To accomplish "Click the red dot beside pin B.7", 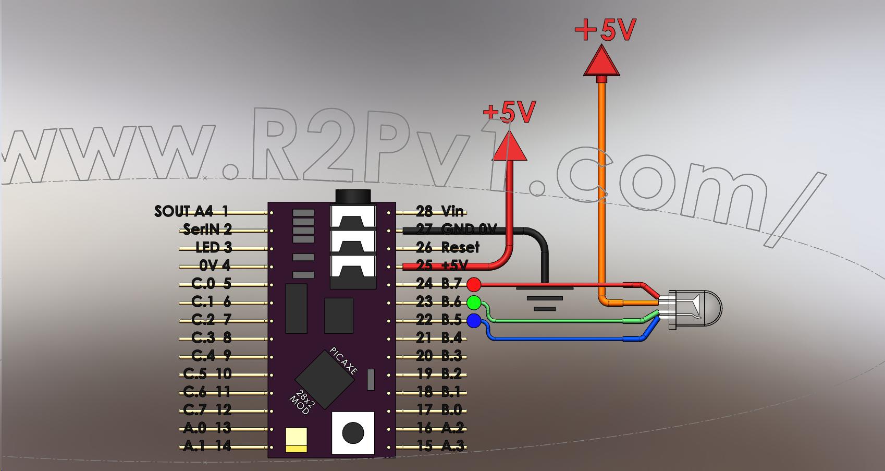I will point(474,284).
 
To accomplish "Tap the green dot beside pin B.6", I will point(474,302).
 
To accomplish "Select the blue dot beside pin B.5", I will point(474,321).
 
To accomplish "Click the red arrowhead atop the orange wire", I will point(602,61).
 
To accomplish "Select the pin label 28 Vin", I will point(440,211).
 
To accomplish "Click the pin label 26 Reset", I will point(447,247).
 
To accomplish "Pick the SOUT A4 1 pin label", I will point(191,211).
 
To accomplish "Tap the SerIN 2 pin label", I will point(207,230).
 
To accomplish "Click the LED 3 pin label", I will point(213,247).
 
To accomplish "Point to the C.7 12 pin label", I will point(207,410).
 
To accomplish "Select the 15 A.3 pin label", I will point(440,446).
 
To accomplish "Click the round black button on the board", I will point(353,432).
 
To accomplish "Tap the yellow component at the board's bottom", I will point(297,440).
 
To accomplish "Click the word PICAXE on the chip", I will point(344,361).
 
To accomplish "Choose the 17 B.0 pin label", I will point(440,410).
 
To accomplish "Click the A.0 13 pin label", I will point(207,428).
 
